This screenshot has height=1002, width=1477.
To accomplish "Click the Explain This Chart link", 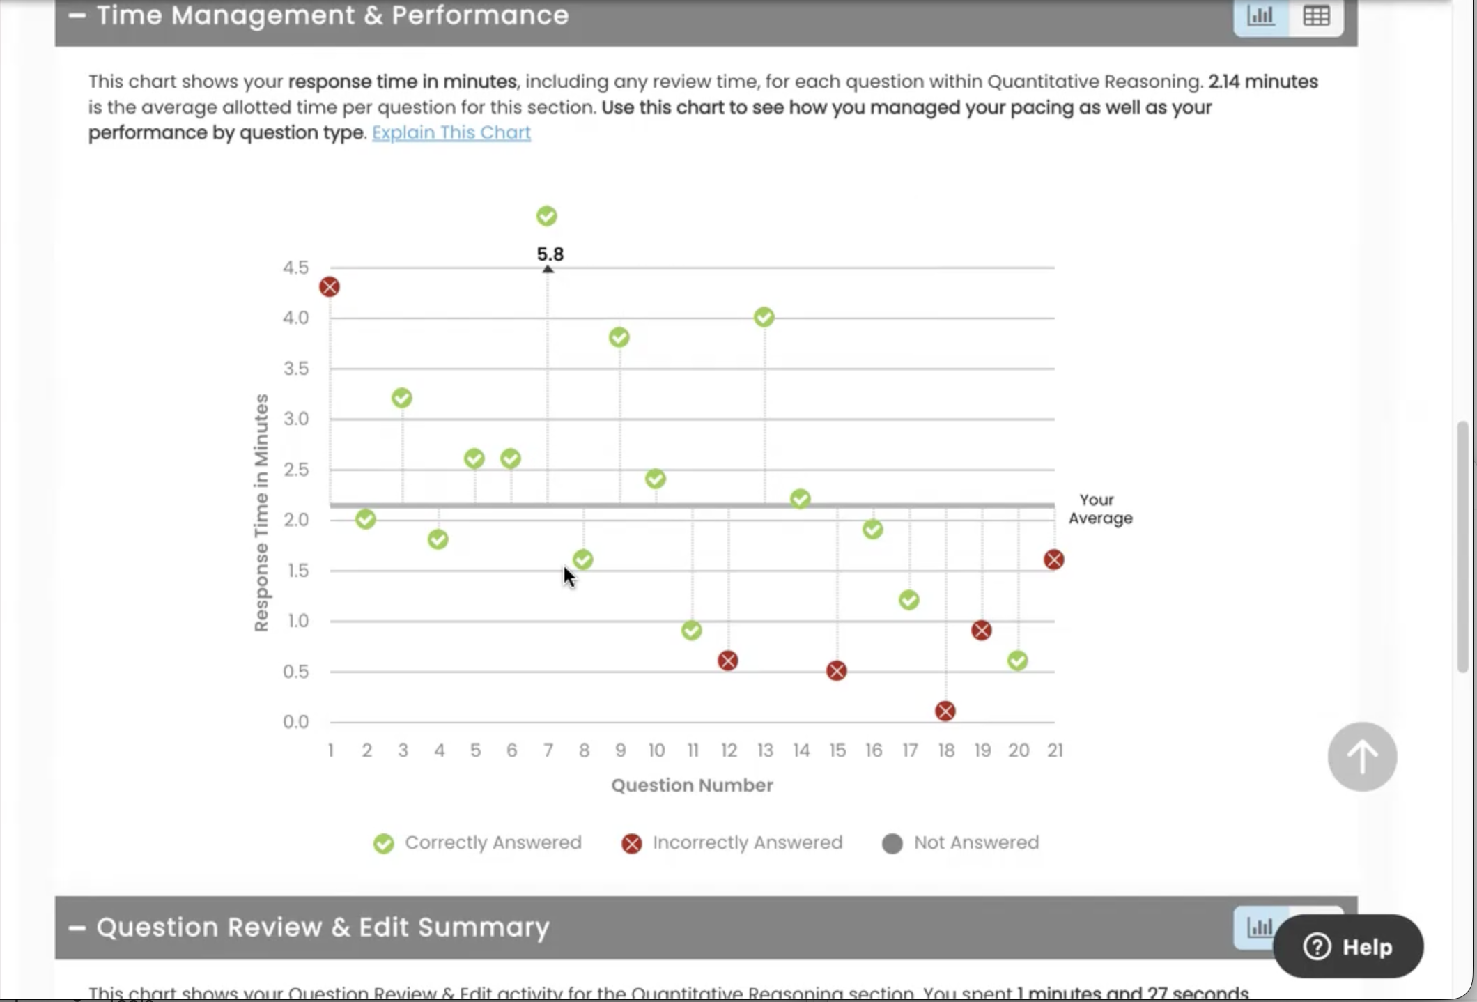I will coord(451,132).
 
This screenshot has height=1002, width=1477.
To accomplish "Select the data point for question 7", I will coord(547,216).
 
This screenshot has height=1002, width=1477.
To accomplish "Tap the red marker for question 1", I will coord(330,286).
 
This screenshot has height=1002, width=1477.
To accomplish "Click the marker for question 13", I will coord(764,317).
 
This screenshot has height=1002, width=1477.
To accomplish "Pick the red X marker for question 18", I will coord(945,711).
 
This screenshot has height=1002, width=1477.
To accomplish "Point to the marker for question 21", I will coord(1054,560).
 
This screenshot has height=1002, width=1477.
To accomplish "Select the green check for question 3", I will coord(402,398).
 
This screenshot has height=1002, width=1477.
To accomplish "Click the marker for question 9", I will coord(619,337).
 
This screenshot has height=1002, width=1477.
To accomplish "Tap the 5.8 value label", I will coord(550,254).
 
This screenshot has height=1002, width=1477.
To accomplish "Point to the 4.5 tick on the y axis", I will coord(295,268).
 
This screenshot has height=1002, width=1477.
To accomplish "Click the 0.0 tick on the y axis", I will coord(295,722).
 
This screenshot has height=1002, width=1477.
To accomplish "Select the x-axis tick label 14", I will coord(801,750).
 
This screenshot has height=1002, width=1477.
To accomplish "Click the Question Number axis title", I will coord(692,785).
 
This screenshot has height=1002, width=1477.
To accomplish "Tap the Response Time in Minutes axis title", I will coord(261,513).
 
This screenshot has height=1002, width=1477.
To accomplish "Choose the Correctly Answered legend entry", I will coord(478,843).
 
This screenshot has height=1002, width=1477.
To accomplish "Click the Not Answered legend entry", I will coord(961,843).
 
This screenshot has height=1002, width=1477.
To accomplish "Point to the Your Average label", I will coord(1100,509).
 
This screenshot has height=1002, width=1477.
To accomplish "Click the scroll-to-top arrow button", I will coord(1362,756).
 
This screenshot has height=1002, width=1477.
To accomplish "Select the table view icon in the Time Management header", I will coord(1316,16).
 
